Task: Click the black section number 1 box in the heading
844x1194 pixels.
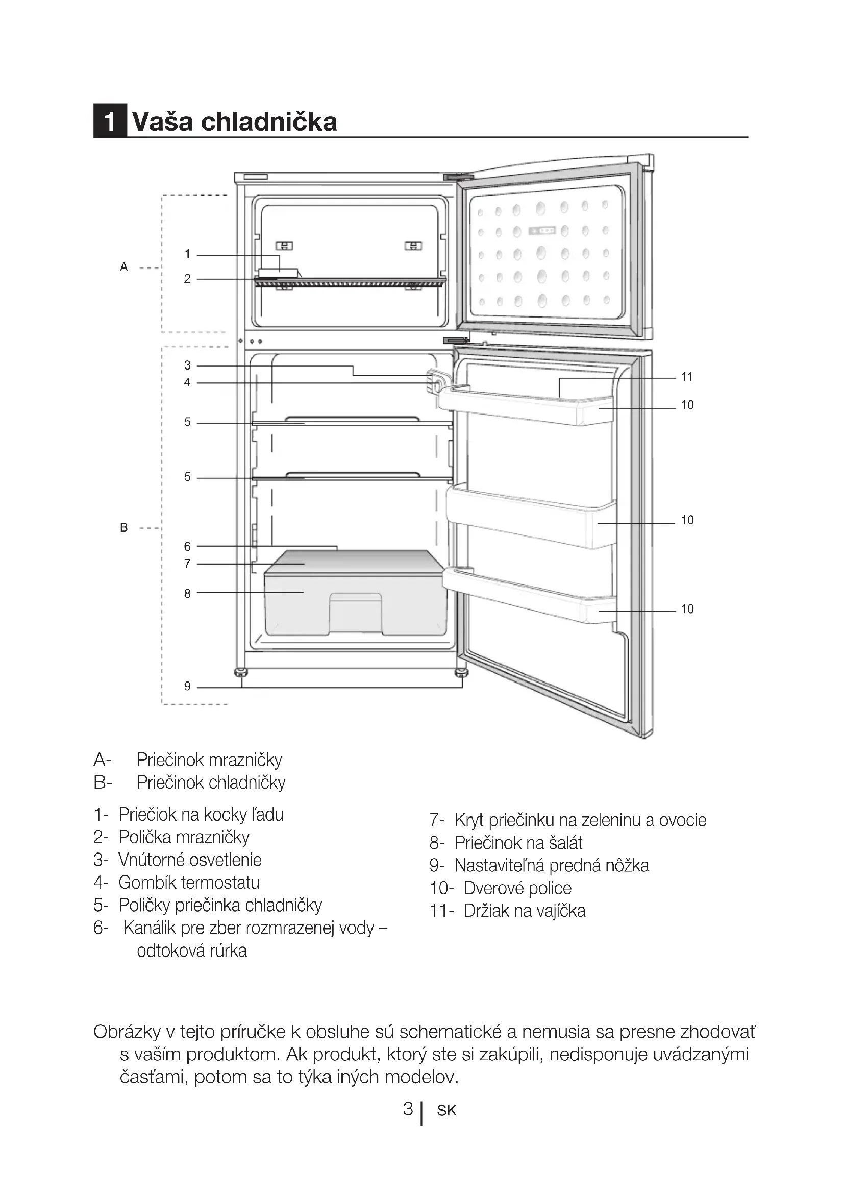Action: click(x=110, y=121)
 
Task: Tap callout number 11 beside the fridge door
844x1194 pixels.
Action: click(x=686, y=377)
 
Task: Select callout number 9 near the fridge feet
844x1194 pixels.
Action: click(x=187, y=686)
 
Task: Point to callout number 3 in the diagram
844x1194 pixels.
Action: click(x=187, y=365)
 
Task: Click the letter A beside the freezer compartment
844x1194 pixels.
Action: click(x=123, y=267)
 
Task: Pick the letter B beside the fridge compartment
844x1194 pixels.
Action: click(x=123, y=528)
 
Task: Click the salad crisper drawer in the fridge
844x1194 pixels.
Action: click(x=356, y=606)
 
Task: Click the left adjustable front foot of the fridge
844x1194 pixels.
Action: click(x=241, y=673)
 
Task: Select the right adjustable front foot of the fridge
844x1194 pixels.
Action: click(x=461, y=673)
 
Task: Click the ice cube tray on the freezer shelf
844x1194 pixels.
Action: click(x=278, y=273)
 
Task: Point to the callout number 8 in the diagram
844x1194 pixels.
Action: click(x=187, y=593)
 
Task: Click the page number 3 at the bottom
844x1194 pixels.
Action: click(x=408, y=1109)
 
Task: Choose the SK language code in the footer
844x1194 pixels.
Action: click(x=446, y=1111)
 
